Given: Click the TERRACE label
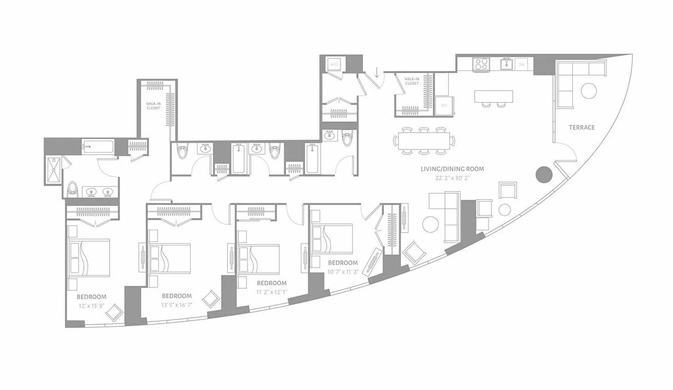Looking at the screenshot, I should tap(582, 127).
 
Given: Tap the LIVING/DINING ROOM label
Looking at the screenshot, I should tap(453, 169).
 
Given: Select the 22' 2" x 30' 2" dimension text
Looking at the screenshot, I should tap(453, 177).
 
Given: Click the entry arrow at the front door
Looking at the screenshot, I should tap(377, 73).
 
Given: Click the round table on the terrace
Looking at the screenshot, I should tap(589, 91).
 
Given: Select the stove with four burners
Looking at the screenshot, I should tap(482, 64).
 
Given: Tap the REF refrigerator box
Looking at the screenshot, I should tap(444, 105).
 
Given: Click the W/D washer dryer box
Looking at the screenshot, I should tap(334, 64).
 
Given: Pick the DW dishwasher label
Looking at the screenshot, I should tap(521, 64).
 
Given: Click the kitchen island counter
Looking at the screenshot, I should tap(494, 96).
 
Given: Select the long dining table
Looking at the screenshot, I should tap(423, 141).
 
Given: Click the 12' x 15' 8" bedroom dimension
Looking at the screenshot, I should tap(91, 306).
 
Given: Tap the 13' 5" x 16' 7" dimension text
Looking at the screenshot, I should tap(176, 305).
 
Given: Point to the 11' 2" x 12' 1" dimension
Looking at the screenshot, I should tap(271, 292).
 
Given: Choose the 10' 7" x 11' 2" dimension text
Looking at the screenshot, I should tap(343, 272).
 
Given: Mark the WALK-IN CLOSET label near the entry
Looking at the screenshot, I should tap(412, 81).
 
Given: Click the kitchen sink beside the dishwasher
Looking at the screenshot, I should tap(506, 63).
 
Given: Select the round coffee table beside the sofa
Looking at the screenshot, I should tap(431, 224).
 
